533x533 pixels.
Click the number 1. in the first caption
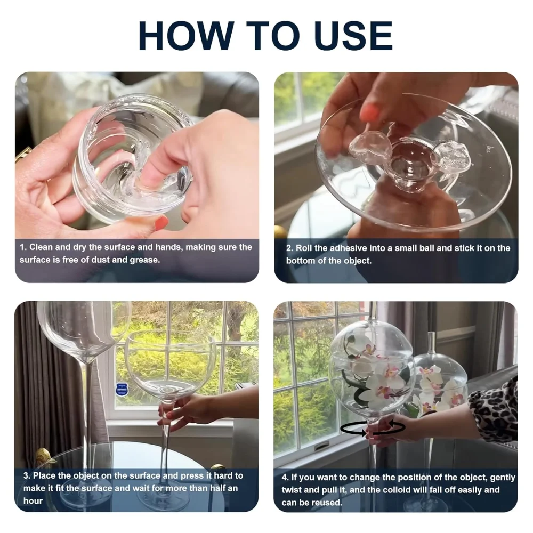click(23, 247)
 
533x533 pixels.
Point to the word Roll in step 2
click(304, 248)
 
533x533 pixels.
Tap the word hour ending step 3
click(33, 500)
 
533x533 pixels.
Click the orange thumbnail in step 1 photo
click(161, 223)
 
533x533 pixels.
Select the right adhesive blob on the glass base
click(449, 156)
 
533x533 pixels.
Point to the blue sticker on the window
click(121, 389)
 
